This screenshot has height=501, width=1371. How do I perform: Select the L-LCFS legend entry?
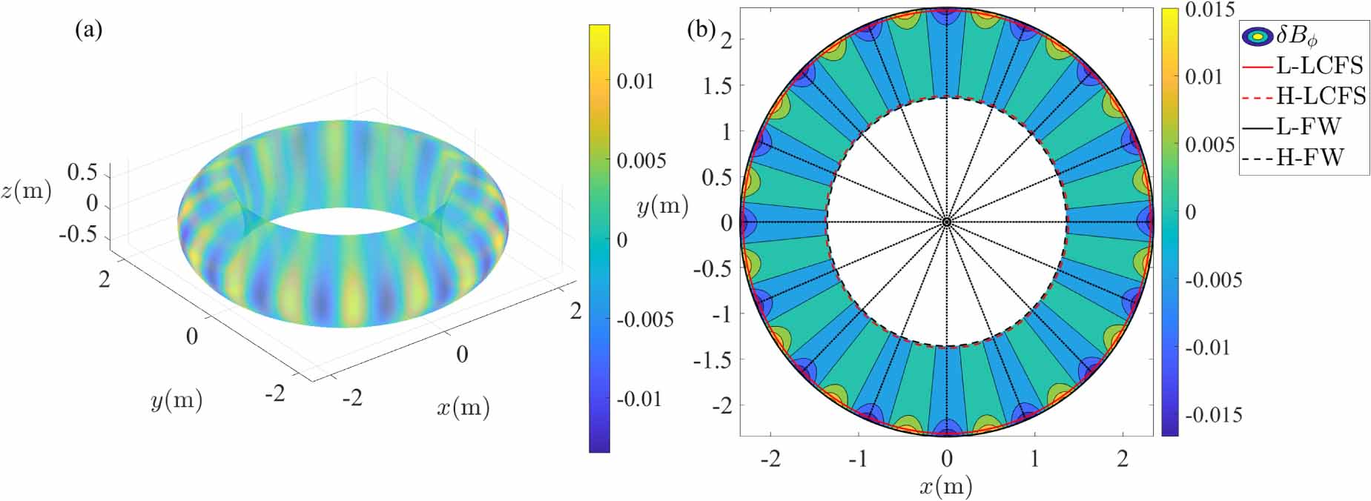[x=1319, y=65]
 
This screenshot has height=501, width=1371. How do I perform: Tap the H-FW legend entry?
[x=1309, y=157]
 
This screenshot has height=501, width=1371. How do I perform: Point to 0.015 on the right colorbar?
[x=1209, y=10]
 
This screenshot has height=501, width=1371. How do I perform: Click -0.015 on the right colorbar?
[x=1212, y=414]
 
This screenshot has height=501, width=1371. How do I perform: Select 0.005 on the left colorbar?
[x=641, y=160]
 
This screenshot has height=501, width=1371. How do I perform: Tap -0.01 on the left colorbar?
[x=638, y=399]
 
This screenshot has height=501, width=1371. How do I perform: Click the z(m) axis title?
[x=27, y=191]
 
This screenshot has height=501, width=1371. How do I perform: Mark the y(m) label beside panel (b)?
[x=662, y=206]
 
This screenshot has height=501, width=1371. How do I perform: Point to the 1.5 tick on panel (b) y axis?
[x=717, y=85]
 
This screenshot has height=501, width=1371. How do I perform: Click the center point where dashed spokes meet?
[x=947, y=222]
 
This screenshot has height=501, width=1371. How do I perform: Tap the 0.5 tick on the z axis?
[x=82, y=172]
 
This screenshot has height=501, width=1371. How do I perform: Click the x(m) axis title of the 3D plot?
[x=463, y=407]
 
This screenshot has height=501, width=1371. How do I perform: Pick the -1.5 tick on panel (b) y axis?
[x=712, y=359]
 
